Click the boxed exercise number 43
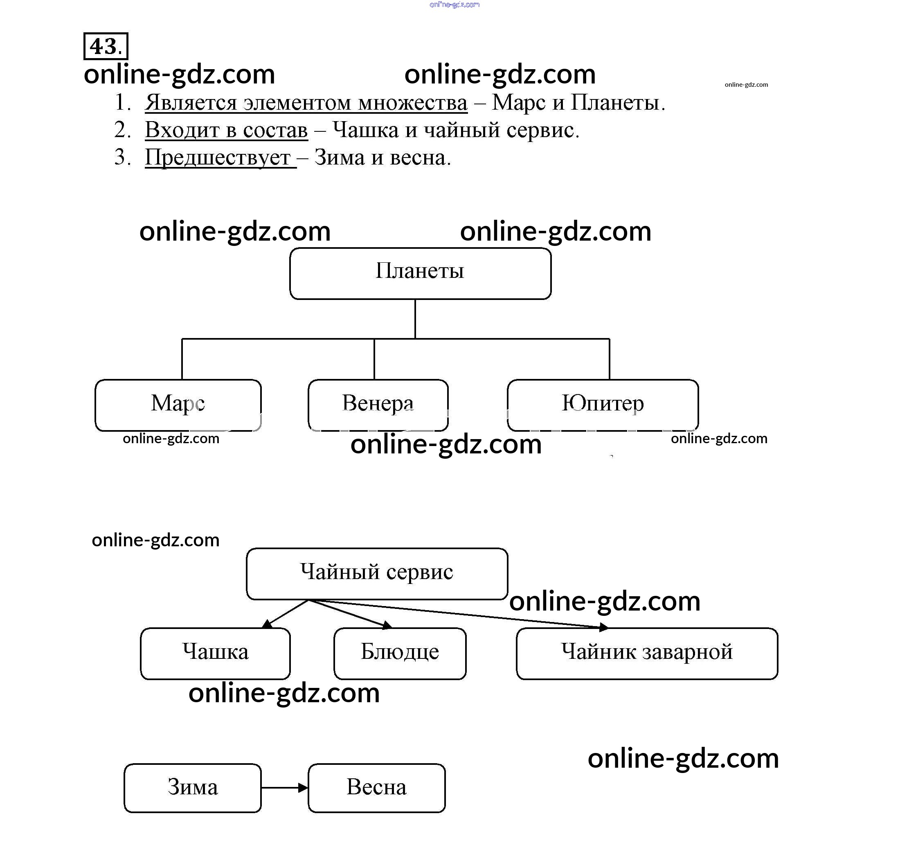tap(106, 46)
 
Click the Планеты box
tap(420, 273)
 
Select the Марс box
tap(178, 405)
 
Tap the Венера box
tap(378, 405)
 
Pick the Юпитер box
tap(603, 405)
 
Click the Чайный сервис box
tap(377, 573)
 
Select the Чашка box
tap(215, 653)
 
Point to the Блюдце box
tap(400, 653)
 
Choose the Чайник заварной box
tap(646, 653)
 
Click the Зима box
tap(192, 788)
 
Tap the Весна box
tap(376, 788)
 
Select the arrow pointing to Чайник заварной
tap(459, 613)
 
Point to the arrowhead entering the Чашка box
tap(267, 624)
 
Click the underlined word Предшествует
tap(218, 158)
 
